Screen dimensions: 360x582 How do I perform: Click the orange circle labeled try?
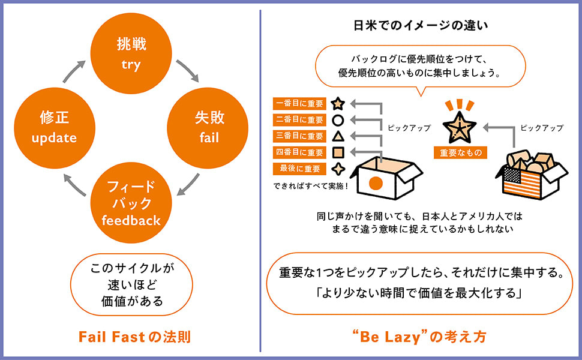click(131, 55)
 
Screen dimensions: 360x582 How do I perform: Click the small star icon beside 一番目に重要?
click(338, 103)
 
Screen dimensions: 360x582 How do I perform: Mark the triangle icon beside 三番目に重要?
click(338, 136)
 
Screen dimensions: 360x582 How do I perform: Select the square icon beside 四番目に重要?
click(338, 152)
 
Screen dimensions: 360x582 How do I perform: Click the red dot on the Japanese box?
click(376, 182)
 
